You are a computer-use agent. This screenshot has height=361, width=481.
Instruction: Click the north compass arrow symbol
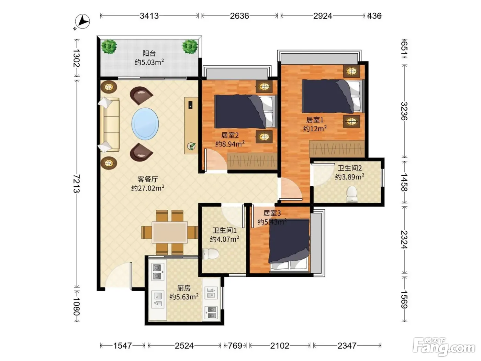tap(82, 21)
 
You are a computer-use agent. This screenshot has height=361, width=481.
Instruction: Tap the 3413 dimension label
tap(149, 16)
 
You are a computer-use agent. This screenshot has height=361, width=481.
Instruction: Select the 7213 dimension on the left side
tap(77, 184)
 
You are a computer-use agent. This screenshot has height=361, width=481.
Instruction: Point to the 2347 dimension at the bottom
tap(347, 346)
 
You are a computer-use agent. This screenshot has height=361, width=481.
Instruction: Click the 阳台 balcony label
tap(149, 53)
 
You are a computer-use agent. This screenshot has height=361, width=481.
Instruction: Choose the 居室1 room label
tap(315, 120)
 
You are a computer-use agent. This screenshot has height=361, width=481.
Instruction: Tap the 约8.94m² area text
tap(230, 144)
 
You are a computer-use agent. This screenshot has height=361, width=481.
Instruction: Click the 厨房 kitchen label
tap(184, 288)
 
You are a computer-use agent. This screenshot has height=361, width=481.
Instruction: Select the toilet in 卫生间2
tap(352, 194)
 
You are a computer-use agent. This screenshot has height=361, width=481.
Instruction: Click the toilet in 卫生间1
tap(210, 254)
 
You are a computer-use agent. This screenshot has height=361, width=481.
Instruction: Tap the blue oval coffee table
tap(145, 124)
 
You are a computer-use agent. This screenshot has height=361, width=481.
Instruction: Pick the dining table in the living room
tap(170, 232)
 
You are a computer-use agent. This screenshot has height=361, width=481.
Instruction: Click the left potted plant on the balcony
tap(109, 46)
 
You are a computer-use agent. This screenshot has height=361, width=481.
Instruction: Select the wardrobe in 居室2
tap(252, 161)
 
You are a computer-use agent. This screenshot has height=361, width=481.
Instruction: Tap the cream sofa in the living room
tap(110, 125)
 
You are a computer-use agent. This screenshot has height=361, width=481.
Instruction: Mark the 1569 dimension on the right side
tap(404, 299)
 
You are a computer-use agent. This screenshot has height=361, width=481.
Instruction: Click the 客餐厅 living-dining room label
tap(148, 179)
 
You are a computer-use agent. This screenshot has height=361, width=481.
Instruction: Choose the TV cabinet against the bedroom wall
tap(191, 125)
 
